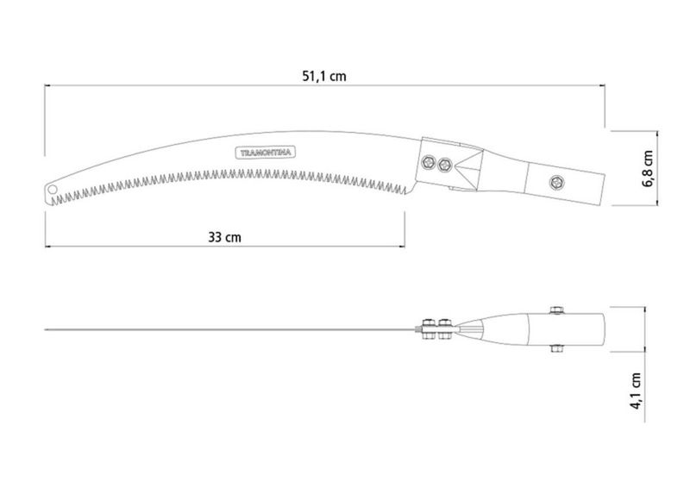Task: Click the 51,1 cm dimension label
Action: point(324,77)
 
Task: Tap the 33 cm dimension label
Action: point(224,238)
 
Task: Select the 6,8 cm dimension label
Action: point(648,168)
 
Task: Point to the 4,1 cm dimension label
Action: point(637,391)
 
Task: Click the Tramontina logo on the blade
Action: point(266,153)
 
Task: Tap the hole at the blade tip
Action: point(53,190)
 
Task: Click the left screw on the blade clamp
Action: point(427,162)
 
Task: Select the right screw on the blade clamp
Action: point(445,165)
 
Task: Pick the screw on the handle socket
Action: point(556,182)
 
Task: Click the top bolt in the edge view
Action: point(557,310)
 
